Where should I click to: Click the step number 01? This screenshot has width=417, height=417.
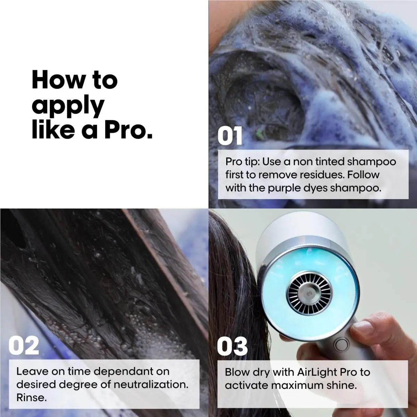(230, 136)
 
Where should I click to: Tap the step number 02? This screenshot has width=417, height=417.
(24, 345)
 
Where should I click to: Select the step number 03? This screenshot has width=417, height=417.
(232, 346)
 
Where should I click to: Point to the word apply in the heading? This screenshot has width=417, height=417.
(68, 106)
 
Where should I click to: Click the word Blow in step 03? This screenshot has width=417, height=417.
(236, 372)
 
